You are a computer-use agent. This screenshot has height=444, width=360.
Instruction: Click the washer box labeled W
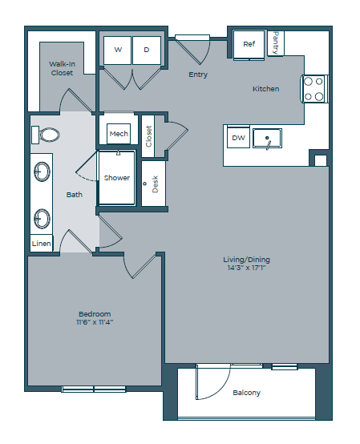pos(118,50)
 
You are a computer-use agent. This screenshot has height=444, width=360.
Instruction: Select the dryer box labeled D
pos(147,50)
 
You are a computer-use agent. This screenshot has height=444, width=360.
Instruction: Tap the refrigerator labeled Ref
pos(249,44)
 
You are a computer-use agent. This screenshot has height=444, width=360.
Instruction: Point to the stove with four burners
pos(313,89)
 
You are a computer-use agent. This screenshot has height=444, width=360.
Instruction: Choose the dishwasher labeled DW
pos(238,138)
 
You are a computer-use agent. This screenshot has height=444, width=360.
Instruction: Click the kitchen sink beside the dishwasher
pos(267,139)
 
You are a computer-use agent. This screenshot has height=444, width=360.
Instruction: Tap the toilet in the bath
pos(48,134)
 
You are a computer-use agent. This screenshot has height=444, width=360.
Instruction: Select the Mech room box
pos(119,133)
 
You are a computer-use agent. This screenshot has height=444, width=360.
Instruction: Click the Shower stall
pos(117,177)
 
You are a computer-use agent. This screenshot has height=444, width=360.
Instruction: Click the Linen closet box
pos(41,243)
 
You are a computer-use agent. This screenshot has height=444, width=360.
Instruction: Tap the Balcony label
pos(246,393)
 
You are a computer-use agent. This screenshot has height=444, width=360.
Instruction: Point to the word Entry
pos(198,75)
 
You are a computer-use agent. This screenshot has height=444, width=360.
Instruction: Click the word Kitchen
pos(265,89)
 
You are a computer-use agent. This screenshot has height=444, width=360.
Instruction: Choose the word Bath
pos(74,195)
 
